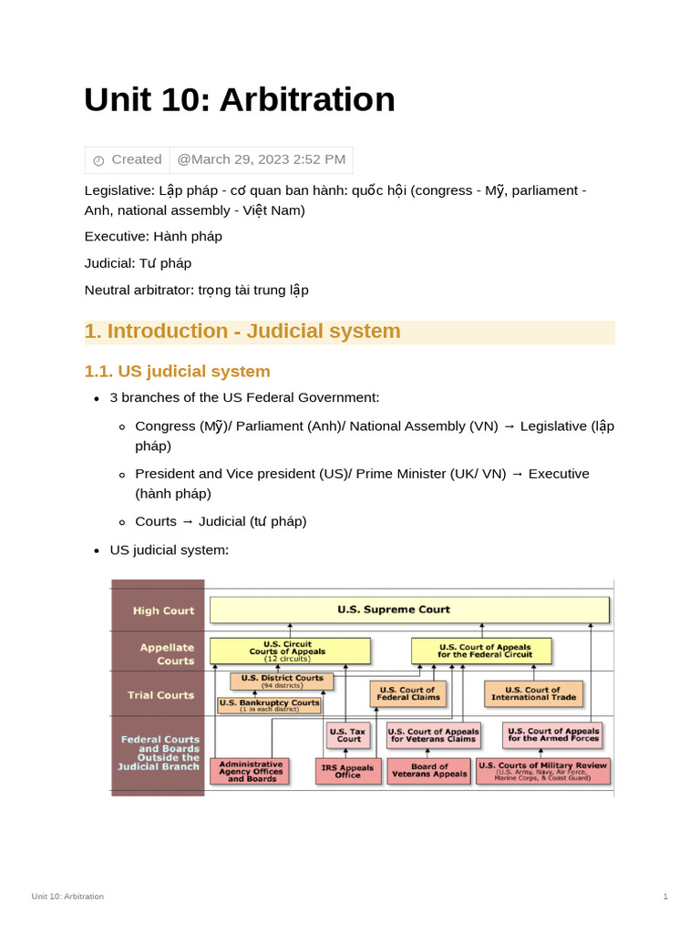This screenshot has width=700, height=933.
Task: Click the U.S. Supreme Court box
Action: pyautogui.click(x=409, y=610)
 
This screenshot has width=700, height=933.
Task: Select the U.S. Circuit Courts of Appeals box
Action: pyautogui.click(x=290, y=651)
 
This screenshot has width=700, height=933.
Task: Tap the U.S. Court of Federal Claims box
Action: pyautogui.click(x=407, y=693)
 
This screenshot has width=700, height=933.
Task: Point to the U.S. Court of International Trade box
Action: pyautogui.click(x=533, y=693)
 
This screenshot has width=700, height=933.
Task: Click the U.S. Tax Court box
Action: pyautogui.click(x=349, y=734)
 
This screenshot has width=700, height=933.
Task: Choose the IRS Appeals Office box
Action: pyautogui.click(x=347, y=771)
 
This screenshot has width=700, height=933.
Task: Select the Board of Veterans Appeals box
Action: pyautogui.click(x=428, y=771)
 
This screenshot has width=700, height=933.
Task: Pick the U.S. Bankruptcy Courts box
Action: pyautogui.click(x=269, y=705)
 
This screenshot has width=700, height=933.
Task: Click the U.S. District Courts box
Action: pyautogui.click(x=282, y=681)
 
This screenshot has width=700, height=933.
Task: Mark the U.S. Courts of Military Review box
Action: pyautogui.click(x=543, y=771)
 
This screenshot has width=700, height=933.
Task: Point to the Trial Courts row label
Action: pyautogui.click(x=160, y=694)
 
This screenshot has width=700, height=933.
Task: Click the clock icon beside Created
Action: pyautogui.click(x=98, y=160)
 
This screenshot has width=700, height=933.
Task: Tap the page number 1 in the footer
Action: pyautogui.click(x=665, y=897)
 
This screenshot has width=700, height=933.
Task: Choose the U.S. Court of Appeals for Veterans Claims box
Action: pyautogui.click(x=433, y=734)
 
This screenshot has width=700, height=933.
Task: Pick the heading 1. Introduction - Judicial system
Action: pyautogui.click(x=242, y=331)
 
